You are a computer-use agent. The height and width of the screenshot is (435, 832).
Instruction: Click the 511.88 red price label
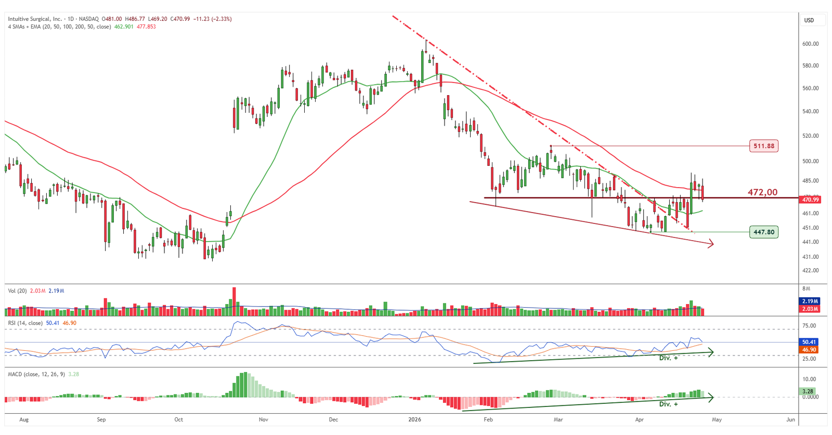click(764, 146)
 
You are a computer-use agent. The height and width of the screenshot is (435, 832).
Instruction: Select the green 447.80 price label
click(764, 232)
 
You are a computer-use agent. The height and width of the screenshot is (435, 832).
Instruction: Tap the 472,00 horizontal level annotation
click(762, 192)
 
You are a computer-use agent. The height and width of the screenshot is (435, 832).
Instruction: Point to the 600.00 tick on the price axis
click(810, 44)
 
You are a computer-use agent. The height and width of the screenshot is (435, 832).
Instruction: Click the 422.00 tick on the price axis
click(810, 270)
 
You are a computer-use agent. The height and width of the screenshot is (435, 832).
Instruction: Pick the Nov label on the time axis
click(263, 419)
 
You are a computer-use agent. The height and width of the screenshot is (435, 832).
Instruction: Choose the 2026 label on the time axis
click(414, 419)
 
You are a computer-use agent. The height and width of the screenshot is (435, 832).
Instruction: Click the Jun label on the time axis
click(790, 419)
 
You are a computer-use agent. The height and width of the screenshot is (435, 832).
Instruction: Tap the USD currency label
click(809, 20)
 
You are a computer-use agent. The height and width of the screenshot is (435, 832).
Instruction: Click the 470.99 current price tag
click(810, 200)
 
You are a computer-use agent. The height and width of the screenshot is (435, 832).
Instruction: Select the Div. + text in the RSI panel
click(668, 358)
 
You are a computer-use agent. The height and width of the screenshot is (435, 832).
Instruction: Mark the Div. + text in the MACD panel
click(668, 404)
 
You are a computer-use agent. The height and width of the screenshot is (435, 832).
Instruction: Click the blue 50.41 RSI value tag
click(809, 342)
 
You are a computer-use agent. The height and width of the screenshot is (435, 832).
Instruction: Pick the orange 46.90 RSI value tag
click(809, 350)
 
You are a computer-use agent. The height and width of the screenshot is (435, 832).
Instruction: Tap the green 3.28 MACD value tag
click(808, 391)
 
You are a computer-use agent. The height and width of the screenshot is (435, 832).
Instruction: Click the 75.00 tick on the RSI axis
click(809, 326)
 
